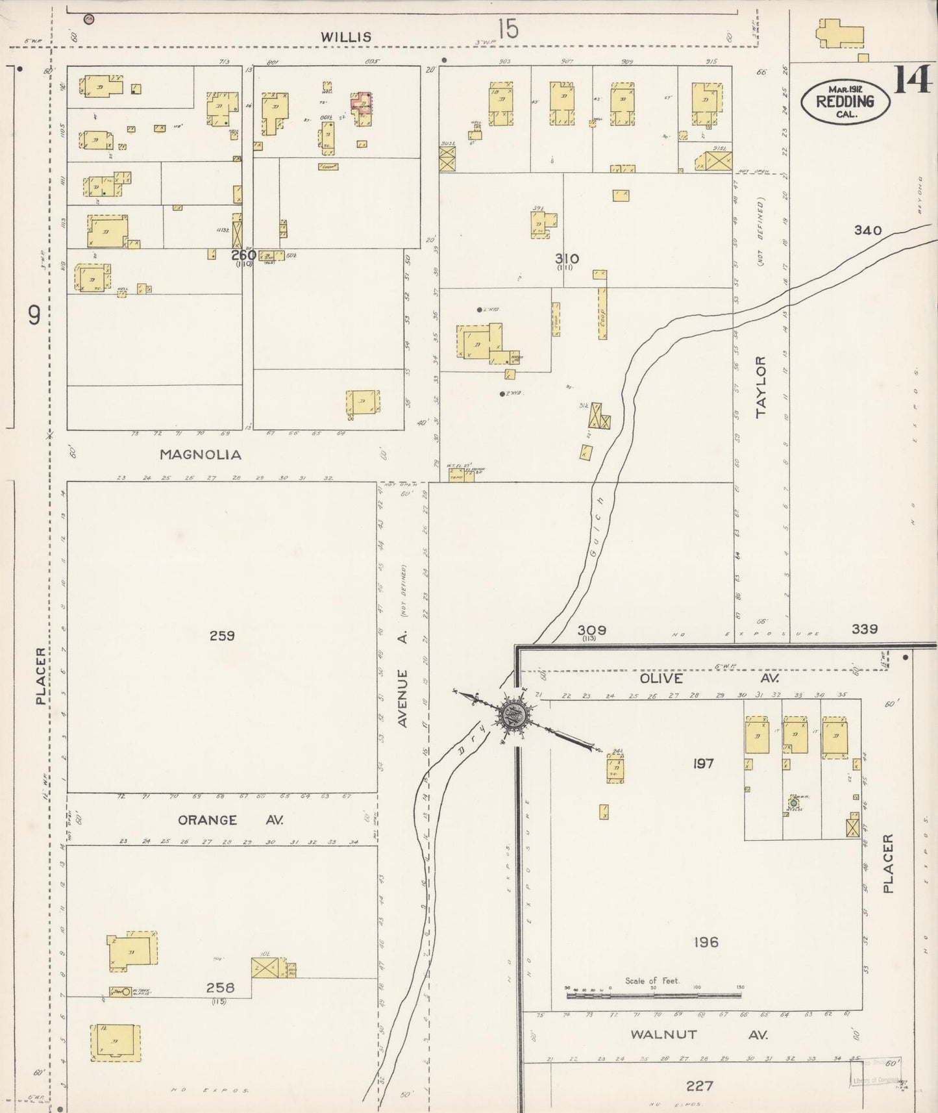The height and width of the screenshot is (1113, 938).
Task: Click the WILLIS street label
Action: [x=347, y=37]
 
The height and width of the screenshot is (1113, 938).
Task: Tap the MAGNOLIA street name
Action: [x=201, y=455]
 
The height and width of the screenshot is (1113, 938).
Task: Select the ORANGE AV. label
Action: [x=230, y=820]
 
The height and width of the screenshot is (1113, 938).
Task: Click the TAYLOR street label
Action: [x=761, y=386]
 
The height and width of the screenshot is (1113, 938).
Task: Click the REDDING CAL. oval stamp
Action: [x=844, y=101]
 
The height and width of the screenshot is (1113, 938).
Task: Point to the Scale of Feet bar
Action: [x=653, y=994]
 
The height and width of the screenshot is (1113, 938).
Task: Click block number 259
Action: [x=222, y=636]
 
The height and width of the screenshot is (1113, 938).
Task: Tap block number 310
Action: [x=566, y=258]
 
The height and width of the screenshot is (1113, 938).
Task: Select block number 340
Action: [x=868, y=231]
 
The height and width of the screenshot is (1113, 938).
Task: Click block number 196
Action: [x=705, y=942]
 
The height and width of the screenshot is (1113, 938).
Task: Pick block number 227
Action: [x=699, y=1086]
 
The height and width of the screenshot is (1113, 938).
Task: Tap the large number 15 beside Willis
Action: [x=508, y=29]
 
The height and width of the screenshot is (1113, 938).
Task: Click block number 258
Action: [x=220, y=988]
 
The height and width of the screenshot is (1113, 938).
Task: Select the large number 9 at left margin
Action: [x=34, y=316]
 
